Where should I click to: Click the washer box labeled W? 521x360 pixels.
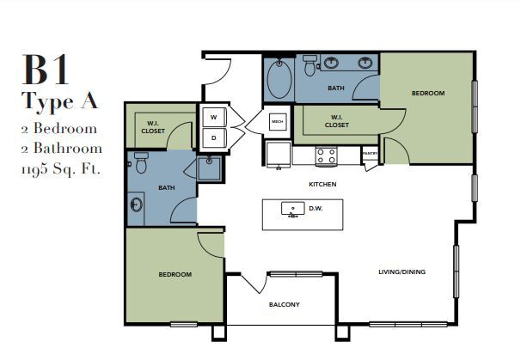[214, 117]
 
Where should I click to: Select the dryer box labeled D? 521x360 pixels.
[214, 137]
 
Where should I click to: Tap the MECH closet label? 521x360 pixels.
[278, 121]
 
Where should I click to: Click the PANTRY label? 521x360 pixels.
[370, 154]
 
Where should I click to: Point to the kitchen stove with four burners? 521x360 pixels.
[327, 156]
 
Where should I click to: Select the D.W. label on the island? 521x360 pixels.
[316, 209]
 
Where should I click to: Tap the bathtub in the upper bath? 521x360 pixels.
[279, 79]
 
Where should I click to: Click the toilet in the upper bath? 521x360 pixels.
[310, 65]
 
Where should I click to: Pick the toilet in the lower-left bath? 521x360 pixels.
[141, 162]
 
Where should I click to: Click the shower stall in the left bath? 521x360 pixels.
[209, 168]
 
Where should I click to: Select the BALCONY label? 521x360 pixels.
[285, 304]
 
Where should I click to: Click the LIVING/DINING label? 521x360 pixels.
[402, 272]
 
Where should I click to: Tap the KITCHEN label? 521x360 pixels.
[322, 185]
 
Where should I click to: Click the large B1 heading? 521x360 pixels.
[46, 70]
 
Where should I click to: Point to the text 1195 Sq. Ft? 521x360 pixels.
[61, 169]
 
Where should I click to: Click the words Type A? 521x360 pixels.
[60, 101]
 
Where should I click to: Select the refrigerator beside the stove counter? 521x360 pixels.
[279, 154]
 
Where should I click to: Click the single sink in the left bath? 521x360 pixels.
[136, 204]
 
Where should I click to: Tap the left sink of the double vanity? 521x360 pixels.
[331, 63]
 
